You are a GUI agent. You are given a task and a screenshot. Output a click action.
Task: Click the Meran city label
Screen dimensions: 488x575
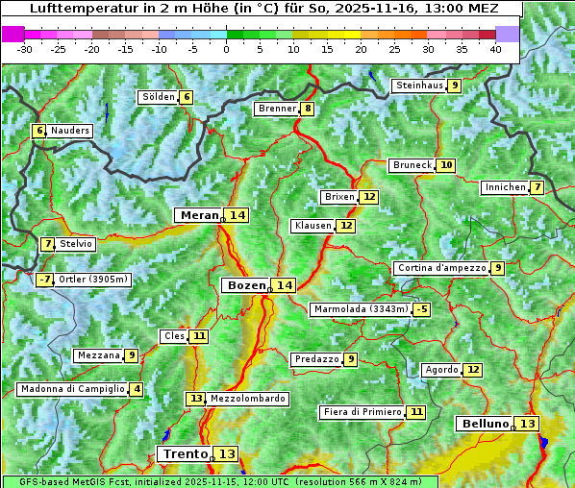198,215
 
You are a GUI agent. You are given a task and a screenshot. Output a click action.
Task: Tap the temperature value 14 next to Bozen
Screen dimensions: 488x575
284,285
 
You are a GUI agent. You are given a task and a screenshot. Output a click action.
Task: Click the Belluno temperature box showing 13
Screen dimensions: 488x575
526,424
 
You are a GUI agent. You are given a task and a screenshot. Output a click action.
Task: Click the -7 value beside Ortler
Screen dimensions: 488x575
44,280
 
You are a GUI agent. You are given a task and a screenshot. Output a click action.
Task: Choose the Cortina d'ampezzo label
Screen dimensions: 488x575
440,268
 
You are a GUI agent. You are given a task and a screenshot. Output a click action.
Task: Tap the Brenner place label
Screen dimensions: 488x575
276,109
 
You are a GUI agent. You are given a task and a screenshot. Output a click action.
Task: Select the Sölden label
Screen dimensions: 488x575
158,97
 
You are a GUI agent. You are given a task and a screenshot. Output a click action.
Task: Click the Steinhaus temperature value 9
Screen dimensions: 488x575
454,85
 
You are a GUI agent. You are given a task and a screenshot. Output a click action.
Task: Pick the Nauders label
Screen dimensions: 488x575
70,131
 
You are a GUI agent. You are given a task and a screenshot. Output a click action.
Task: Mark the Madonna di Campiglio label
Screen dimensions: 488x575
72,389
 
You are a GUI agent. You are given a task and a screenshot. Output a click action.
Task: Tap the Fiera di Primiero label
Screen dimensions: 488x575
362,412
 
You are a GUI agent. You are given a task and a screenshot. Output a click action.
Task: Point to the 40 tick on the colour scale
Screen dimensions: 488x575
494,49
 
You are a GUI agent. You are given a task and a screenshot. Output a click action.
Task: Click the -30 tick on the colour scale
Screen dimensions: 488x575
25,49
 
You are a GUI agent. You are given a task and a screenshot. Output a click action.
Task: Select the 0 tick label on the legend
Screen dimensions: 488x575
226,49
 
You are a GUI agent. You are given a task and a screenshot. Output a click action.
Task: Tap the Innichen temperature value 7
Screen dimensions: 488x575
537,187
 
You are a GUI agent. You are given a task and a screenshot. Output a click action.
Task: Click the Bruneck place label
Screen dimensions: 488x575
412,165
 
